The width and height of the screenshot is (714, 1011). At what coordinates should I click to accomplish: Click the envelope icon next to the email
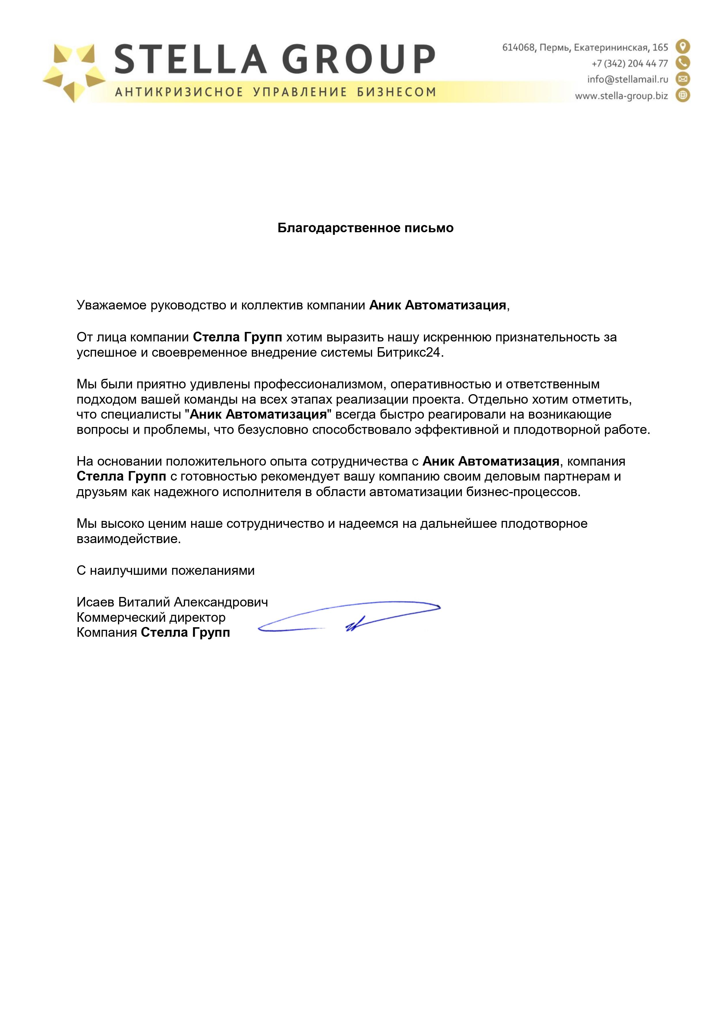(683, 79)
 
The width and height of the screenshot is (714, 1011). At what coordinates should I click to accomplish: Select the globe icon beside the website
(683, 95)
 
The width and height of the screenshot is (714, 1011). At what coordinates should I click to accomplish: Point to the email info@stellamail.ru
(627, 79)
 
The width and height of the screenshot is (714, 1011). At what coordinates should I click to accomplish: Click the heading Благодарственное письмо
(365, 228)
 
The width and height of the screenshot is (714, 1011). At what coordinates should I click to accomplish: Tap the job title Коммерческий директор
(151, 617)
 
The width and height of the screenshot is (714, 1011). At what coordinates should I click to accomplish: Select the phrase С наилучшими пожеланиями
(165, 571)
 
